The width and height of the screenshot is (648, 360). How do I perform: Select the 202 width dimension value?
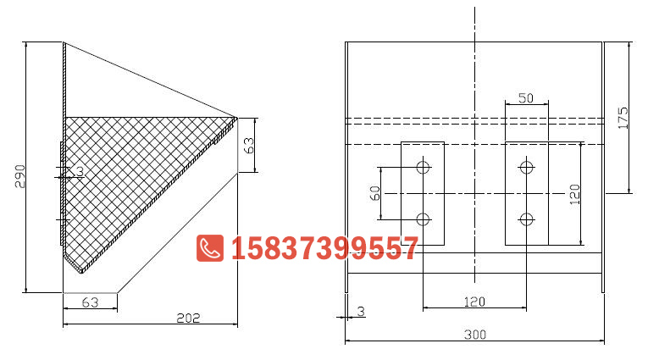[x=188, y=318]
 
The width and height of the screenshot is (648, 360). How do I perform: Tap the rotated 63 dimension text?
[x=248, y=145]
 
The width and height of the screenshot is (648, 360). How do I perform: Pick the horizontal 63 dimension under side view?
[x=91, y=302]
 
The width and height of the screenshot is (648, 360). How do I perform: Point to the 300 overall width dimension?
[x=474, y=335]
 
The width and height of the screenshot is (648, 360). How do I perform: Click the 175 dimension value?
[x=623, y=117]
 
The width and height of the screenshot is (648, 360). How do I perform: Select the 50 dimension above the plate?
[x=525, y=98]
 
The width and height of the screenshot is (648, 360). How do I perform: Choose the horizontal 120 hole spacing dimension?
[x=474, y=301]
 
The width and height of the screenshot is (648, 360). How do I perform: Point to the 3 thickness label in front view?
[x=361, y=312]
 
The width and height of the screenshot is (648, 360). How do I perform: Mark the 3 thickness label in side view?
[x=80, y=172]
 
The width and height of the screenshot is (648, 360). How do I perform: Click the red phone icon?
[x=209, y=248]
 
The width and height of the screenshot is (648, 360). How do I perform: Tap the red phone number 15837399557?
[x=324, y=248]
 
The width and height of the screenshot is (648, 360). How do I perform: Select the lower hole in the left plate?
[x=423, y=220]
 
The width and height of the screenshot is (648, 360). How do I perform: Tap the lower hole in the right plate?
[x=527, y=220]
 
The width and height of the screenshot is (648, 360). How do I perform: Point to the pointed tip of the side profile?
[x=237, y=118]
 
